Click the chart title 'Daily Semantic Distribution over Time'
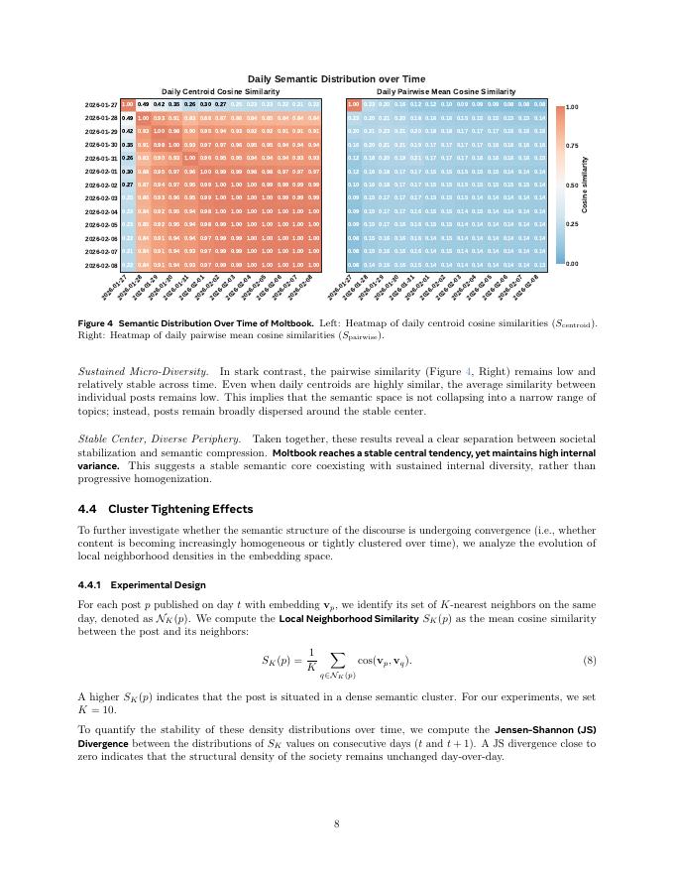(x=336, y=78)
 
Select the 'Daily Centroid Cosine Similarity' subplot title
(x=220, y=91)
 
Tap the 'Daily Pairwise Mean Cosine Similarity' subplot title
(x=446, y=91)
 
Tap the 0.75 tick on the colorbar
(x=572, y=145)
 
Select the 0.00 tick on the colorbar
(x=572, y=265)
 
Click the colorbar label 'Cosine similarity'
(x=586, y=185)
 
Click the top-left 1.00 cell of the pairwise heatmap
(x=353, y=104)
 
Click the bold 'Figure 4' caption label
(x=96, y=323)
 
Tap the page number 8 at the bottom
(x=336, y=823)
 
